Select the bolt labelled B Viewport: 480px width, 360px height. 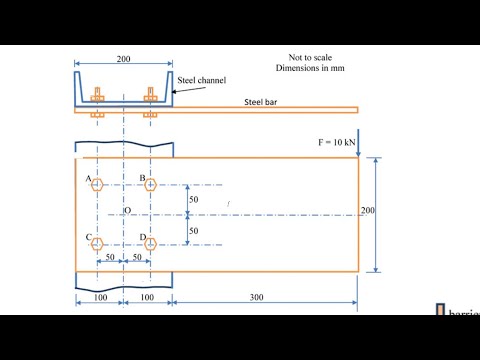pyautogui.click(x=150, y=185)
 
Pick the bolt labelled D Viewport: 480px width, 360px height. pyautogui.click(x=150, y=244)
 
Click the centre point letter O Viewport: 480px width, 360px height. pyautogui.click(x=127, y=211)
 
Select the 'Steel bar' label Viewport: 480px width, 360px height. pyautogui.click(x=262, y=102)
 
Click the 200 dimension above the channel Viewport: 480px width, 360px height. pyautogui.click(x=123, y=59)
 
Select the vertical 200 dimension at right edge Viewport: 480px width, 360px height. pyautogui.click(x=369, y=211)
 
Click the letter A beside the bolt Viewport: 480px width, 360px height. pyautogui.click(x=89, y=179)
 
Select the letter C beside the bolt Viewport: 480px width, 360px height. pyautogui.click(x=89, y=238)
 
